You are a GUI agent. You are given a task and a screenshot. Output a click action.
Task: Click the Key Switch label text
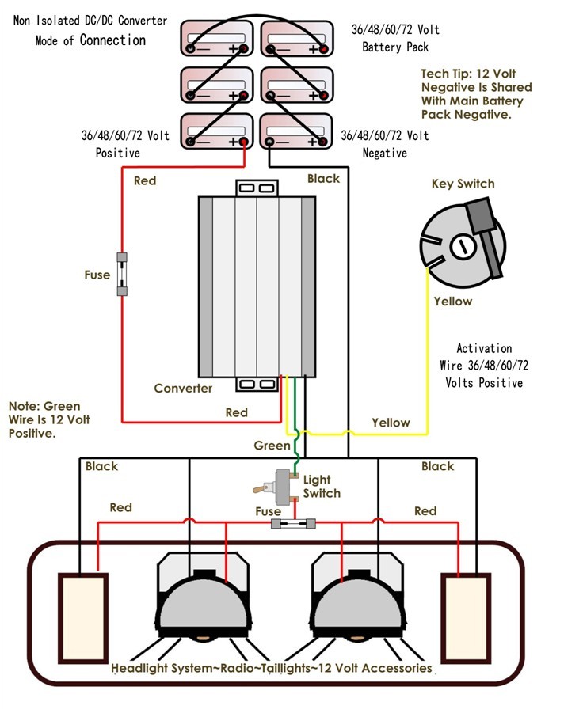click(x=463, y=184)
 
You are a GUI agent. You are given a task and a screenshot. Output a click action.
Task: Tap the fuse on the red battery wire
click(x=122, y=274)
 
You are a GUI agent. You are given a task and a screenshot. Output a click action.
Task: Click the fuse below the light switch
click(x=293, y=524)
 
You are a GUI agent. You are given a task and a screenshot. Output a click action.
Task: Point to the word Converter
click(x=183, y=388)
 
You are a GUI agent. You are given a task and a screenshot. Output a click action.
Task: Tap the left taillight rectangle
click(x=82, y=606)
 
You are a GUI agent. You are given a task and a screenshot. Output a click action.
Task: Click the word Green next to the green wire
click(x=272, y=446)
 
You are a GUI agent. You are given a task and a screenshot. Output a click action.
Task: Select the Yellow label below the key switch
click(x=452, y=302)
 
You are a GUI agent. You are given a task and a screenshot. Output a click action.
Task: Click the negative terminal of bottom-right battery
click(x=270, y=142)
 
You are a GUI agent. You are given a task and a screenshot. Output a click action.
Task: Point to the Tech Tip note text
click(x=476, y=93)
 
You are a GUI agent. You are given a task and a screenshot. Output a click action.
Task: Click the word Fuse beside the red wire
click(x=97, y=275)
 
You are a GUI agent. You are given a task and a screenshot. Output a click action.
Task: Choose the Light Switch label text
click(x=321, y=487)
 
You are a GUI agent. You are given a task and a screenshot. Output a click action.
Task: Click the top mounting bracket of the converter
click(x=256, y=188)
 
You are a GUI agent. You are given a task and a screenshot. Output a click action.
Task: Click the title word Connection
click(x=112, y=40)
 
